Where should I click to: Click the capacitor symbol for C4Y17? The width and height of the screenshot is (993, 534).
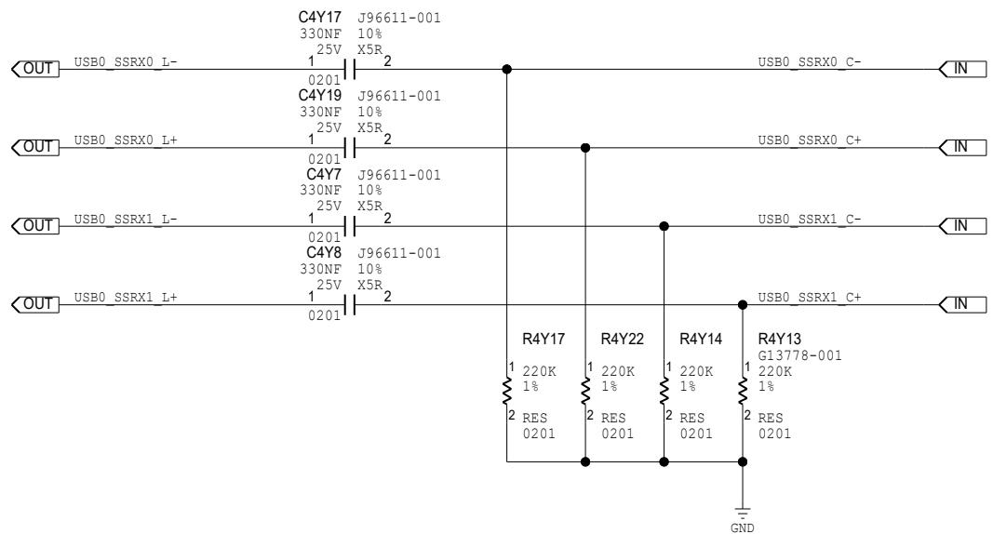(349, 69)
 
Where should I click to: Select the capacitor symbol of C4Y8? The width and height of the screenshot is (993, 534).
(349, 305)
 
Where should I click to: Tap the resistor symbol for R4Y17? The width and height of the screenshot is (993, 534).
(506, 392)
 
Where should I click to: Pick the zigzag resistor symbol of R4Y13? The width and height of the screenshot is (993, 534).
(743, 392)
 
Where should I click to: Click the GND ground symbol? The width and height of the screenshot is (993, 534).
(743, 513)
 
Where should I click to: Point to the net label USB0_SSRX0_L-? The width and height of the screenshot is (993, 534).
(126, 62)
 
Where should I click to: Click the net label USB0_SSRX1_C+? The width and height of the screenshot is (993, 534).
(810, 298)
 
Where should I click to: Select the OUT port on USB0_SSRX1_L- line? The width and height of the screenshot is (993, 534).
(35, 226)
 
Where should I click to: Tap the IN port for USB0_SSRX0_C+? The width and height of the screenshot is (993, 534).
(962, 147)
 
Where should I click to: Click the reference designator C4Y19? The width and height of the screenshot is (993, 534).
(320, 96)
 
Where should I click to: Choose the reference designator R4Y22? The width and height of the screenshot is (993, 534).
(622, 340)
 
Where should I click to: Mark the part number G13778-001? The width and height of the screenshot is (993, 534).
(799, 355)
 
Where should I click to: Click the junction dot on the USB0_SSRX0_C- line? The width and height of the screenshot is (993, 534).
(506, 69)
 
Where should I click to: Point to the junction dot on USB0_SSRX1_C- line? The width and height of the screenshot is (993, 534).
(664, 226)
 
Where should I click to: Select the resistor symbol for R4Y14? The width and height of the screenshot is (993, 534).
(664, 392)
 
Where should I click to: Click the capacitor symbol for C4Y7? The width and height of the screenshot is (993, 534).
(349, 226)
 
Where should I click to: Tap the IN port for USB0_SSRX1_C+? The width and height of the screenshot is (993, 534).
(962, 304)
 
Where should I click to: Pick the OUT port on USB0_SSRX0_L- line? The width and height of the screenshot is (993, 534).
(35, 69)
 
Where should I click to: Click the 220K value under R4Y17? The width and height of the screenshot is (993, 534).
(539, 371)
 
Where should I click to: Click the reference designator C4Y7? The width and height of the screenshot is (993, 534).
(324, 174)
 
